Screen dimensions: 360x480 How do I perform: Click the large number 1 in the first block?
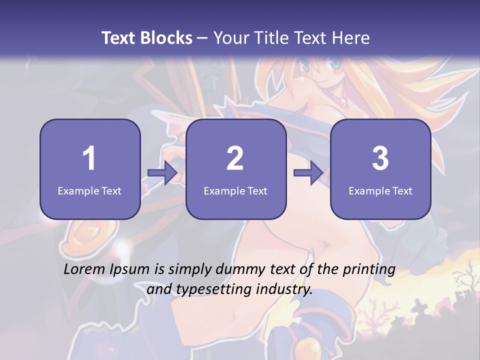coord(89,158)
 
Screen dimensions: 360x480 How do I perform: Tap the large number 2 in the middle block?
coord(235,158)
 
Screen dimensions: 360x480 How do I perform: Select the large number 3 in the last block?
coord(380,158)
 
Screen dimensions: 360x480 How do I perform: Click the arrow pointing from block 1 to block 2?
coord(163,173)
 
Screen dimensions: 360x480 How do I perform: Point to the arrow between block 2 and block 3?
coord(308,173)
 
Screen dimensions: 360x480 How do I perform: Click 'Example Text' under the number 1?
coord(89,190)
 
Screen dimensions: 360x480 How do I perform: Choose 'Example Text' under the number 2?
coord(235,190)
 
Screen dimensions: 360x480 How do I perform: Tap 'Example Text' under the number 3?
coord(380,190)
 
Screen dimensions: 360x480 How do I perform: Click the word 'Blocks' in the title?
coord(167,38)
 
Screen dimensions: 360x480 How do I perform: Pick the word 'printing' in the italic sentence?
coord(369,269)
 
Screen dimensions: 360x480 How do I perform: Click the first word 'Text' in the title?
coord(118,38)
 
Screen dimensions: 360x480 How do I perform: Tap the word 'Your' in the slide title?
coord(230,38)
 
